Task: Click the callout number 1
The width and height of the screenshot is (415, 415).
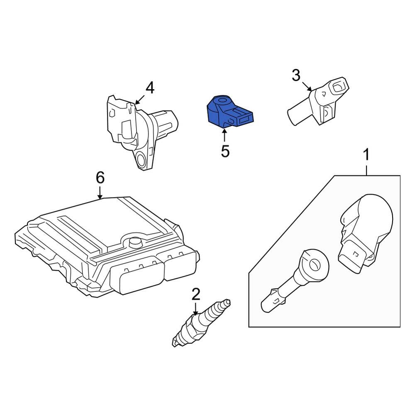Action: click(x=366, y=154)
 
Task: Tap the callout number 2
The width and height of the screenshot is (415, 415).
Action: click(x=195, y=294)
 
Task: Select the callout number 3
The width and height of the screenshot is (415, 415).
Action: click(x=296, y=75)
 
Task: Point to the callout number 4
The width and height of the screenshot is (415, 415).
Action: click(x=150, y=88)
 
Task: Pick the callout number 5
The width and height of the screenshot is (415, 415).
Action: click(x=225, y=151)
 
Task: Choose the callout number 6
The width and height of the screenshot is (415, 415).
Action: click(x=100, y=178)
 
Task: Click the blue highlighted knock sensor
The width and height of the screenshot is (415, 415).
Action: click(x=230, y=112)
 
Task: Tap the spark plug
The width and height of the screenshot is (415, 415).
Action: click(x=201, y=322)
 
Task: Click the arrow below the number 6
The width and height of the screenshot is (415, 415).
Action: click(x=100, y=193)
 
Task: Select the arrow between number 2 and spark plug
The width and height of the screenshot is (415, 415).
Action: click(x=195, y=309)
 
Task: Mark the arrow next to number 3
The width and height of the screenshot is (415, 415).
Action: click(x=307, y=87)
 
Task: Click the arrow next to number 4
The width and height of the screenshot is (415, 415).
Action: click(x=139, y=100)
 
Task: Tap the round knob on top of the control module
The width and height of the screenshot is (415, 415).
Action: click(x=135, y=242)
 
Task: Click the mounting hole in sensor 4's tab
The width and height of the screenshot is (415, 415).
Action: click(x=141, y=160)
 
